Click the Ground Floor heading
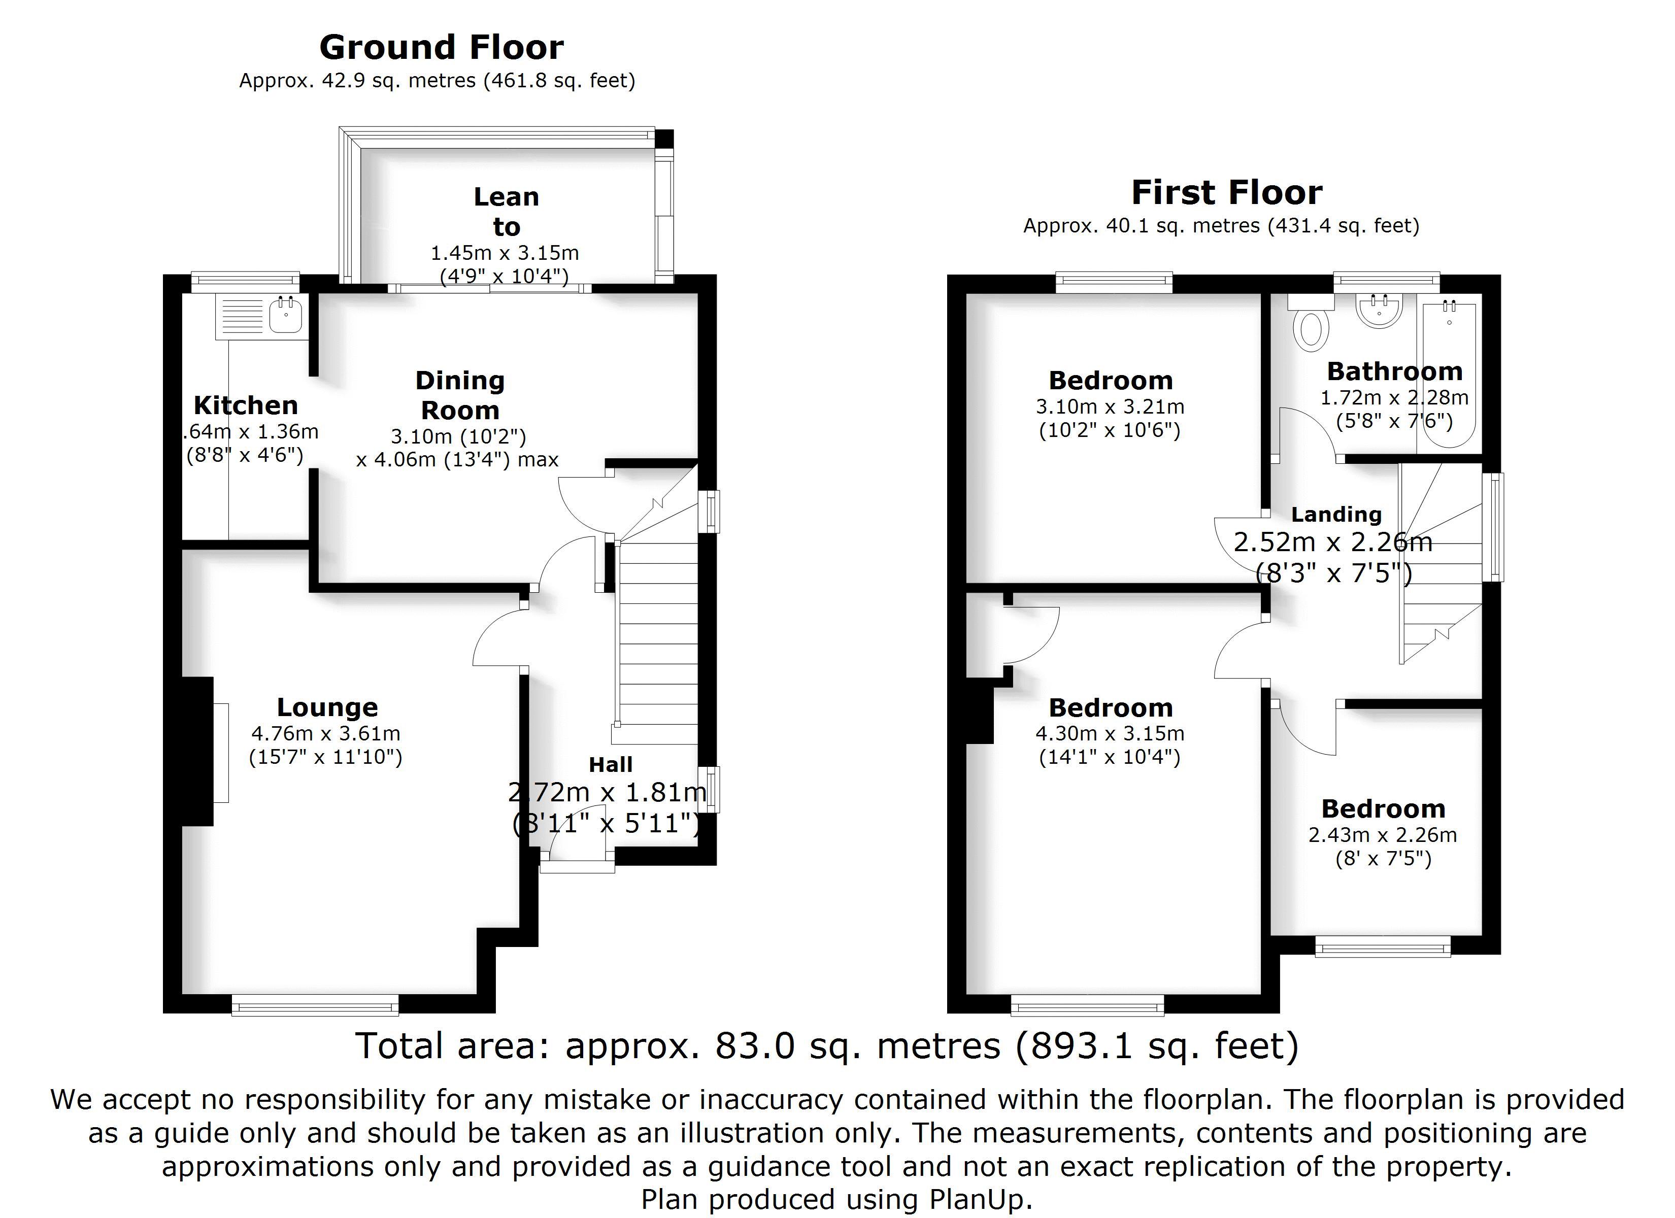coord(441,47)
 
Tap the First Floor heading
coord(1227,193)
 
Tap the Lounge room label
coord(327,707)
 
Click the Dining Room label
coord(460,395)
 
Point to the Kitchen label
coord(246,405)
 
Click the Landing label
coord(1336,514)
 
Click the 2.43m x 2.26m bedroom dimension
coord(1383,835)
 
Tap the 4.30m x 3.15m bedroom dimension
coord(1110,733)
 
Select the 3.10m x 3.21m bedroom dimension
coord(1110,406)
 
